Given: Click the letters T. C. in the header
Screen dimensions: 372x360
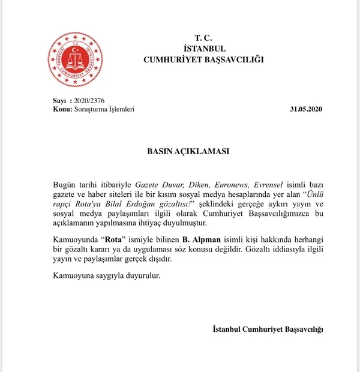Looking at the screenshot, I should coord(205,37).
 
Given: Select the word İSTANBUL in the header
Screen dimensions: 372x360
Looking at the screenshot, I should coord(205,48).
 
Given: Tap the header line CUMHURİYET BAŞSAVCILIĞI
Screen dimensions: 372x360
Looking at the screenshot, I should coord(205,59).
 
